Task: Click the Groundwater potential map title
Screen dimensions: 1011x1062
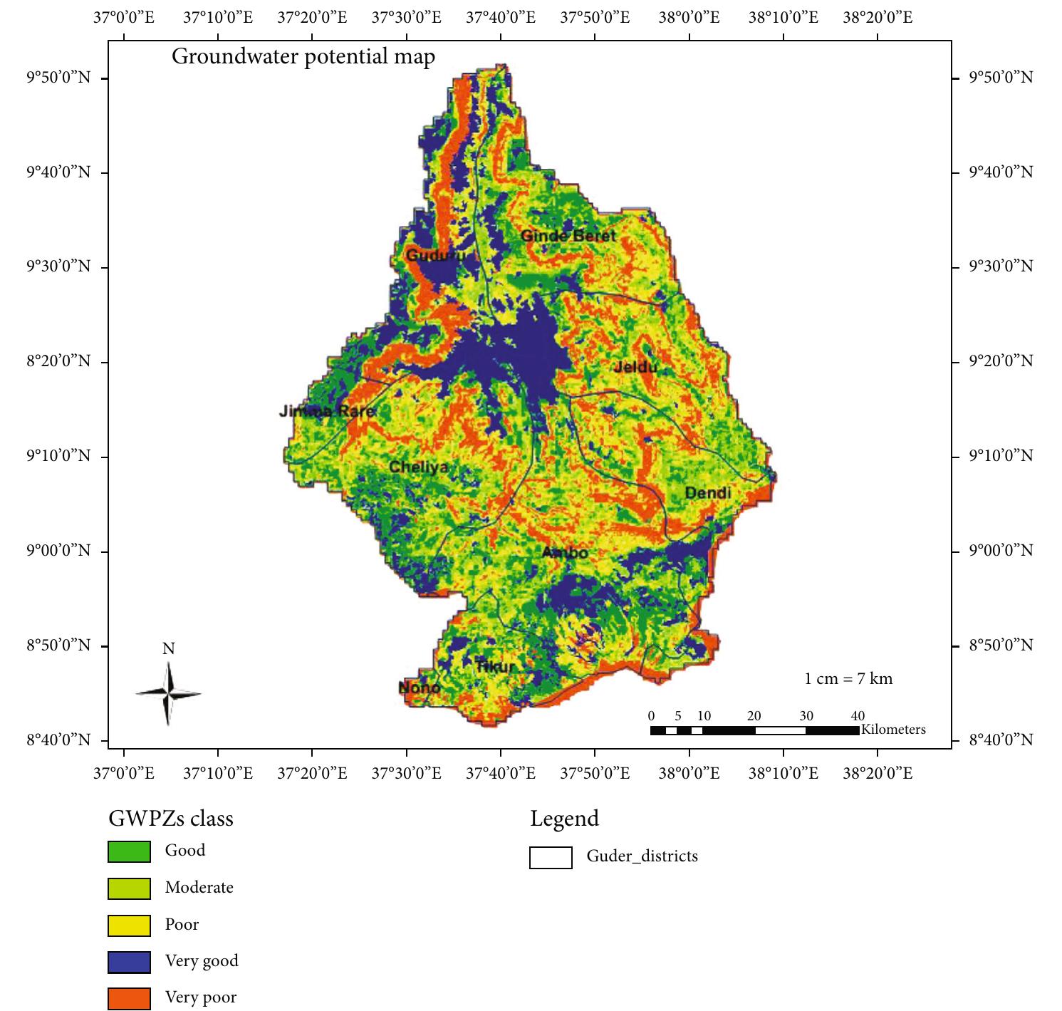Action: point(303,56)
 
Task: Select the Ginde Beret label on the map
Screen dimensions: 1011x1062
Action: point(568,235)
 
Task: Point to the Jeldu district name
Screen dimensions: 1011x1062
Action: point(635,367)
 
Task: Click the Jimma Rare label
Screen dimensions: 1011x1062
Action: point(326,411)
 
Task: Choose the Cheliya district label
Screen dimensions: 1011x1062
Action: point(419,467)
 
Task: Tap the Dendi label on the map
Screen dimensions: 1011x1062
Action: point(707,493)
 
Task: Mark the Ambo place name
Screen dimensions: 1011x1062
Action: point(565,552)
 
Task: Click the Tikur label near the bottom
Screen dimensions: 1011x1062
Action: point(494,666)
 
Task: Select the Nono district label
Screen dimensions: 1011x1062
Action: point(419,688)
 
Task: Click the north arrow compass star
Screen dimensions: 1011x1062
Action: point(168,693)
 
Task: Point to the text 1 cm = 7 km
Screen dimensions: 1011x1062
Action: point(848,678)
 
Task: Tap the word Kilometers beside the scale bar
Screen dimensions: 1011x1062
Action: point(893,730)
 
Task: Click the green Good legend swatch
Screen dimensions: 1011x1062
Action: point(129,851)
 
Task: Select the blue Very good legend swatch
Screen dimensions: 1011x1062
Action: point(129,962)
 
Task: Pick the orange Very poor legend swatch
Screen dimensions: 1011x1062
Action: point(129,998)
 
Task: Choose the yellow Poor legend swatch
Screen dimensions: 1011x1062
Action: point(129,925)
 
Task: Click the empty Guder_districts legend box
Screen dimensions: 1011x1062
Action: point(551,857)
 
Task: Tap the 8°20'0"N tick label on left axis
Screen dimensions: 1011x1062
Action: point(59,361)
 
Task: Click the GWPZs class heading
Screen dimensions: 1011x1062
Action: point(170,819)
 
